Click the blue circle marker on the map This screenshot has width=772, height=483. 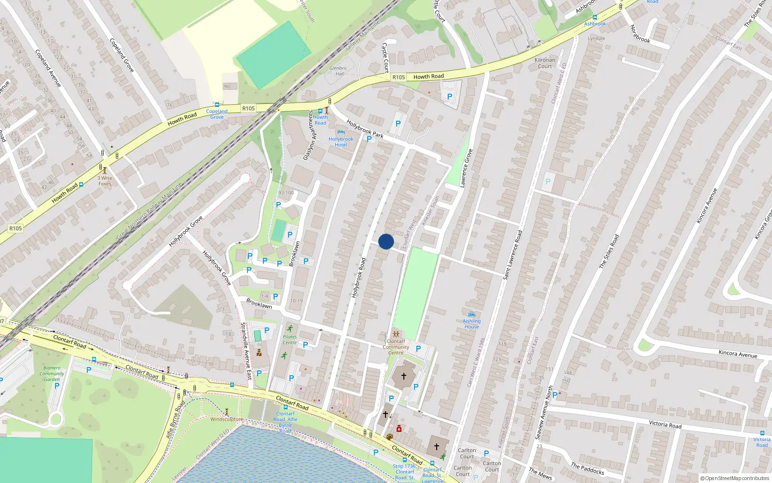pyautogui.click(x=386, y=241)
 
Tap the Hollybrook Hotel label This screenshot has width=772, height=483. pyautogui.click(x=341, y=142)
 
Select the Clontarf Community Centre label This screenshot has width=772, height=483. pyautogui.click(x=396, y=347)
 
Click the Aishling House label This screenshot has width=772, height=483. pyautogui.click(x=471, y=324)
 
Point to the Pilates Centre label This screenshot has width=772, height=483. pyautogui.click(x=289, y=340)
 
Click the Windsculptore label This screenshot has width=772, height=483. pyautogui.click(x=227, y=419)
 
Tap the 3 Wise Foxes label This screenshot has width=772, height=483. pyautogui.click(x=105, y=181)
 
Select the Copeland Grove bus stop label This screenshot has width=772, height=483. pyautogui.click(x=217, y=114)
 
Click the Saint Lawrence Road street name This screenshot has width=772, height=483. pyautogui.click(x=512, y=255)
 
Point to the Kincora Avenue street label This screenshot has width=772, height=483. pyautogui.click(x=738, y=354)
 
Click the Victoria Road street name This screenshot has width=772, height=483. pyautogui.click(x=665, y=425)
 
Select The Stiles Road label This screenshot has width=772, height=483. pyautogui.click(x=609, y=251)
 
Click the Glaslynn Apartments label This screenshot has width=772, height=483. pyautogui.click(x=308, y=135)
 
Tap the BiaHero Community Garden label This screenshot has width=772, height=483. pyautogui.click(x=52, y=373)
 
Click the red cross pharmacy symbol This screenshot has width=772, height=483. pyautogui.click(x=399, y=428)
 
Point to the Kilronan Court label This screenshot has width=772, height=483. pyautogui.click(x=545, y=63)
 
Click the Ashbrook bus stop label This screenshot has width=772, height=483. pyautogui.click(x=595, y=24)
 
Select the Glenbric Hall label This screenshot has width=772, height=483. pyautogui.click(x=338, y=71)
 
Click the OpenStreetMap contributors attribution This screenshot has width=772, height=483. pyautogui.click(x=735, y=478)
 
